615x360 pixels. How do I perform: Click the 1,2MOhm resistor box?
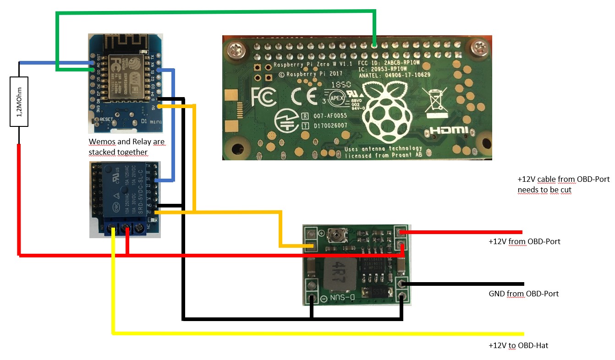pyautogui.click(x=19, y=101)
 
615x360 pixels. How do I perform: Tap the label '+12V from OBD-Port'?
pyautogui.click(x=524, y=241)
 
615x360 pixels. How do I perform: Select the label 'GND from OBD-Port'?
pyautogui.click(x=523, y=294)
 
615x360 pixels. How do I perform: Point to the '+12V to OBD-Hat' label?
pyautogui.click(x=518, y=345)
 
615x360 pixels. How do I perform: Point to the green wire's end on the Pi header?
pyautogui.click(x=374, y=45)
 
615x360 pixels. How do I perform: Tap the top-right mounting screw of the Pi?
pyautogui.click(x=480, y=46)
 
